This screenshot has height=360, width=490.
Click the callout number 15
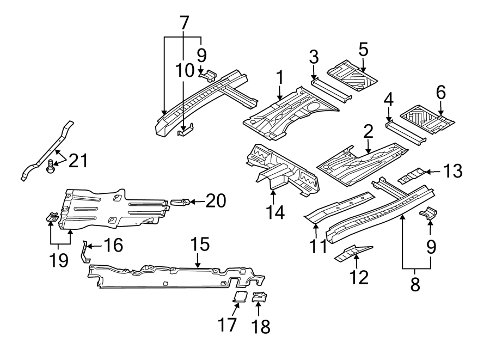click(x=200, y=245)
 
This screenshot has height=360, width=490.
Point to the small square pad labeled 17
click(x=240, y=296)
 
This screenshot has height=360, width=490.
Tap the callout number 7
click(x=184, y=23)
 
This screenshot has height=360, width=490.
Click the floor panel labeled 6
click(x=427, y=117)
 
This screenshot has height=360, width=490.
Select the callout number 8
click(x=415, y=284)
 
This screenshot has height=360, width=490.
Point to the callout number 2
click(x=368, y=131)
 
